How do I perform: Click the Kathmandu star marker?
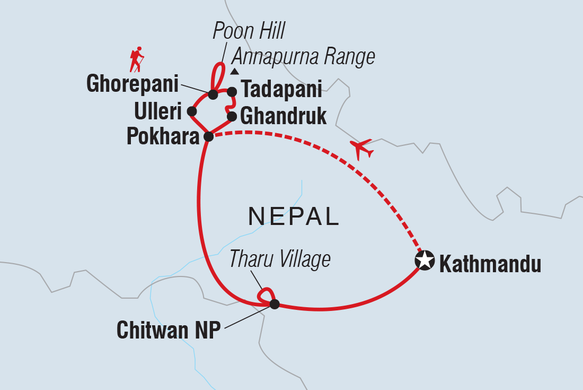point(424,261)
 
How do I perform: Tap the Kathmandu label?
point(490,264)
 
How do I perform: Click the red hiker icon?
point(137,59)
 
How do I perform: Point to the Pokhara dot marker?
point(209,136)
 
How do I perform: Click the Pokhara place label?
point(163,137)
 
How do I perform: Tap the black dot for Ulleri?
point(192,111)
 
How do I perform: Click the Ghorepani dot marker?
point(213,94)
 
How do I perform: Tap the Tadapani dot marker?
point(232,92)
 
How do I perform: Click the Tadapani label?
point(281,90)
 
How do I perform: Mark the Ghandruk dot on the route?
point(232,116)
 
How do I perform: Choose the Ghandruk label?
point(284,116)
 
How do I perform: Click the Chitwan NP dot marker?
point(275,304)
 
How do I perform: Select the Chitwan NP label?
point(168,330)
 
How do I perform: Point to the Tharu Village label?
point(280,259)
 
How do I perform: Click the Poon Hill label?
point(249,32)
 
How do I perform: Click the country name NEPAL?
point(294,216)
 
